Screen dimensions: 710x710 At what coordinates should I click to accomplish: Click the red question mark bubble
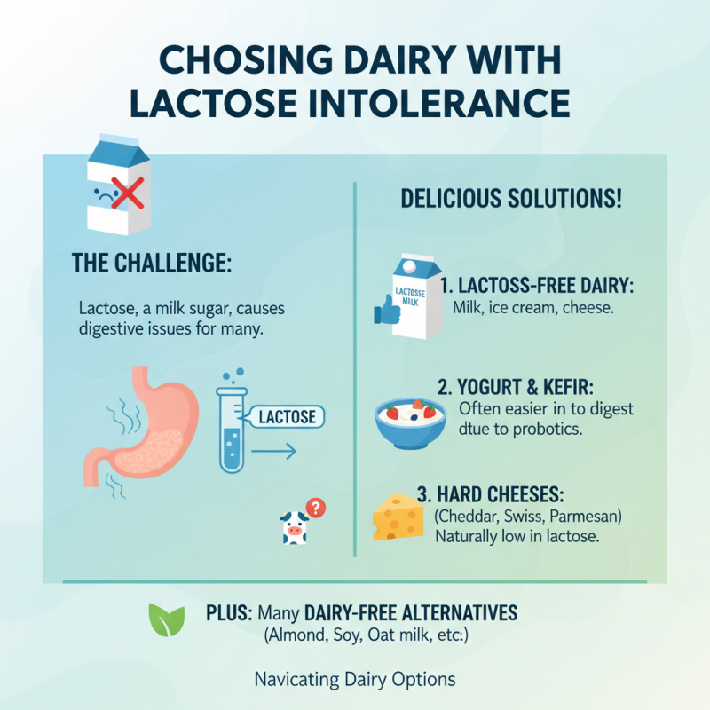315,508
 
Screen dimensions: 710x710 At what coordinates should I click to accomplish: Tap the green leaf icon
167,619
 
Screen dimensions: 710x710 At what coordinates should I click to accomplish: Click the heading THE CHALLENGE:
148,264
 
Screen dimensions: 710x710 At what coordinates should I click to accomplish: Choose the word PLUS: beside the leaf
230,613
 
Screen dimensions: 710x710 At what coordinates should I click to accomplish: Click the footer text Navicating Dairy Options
355,680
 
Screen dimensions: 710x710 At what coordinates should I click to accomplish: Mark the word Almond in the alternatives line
297,635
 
